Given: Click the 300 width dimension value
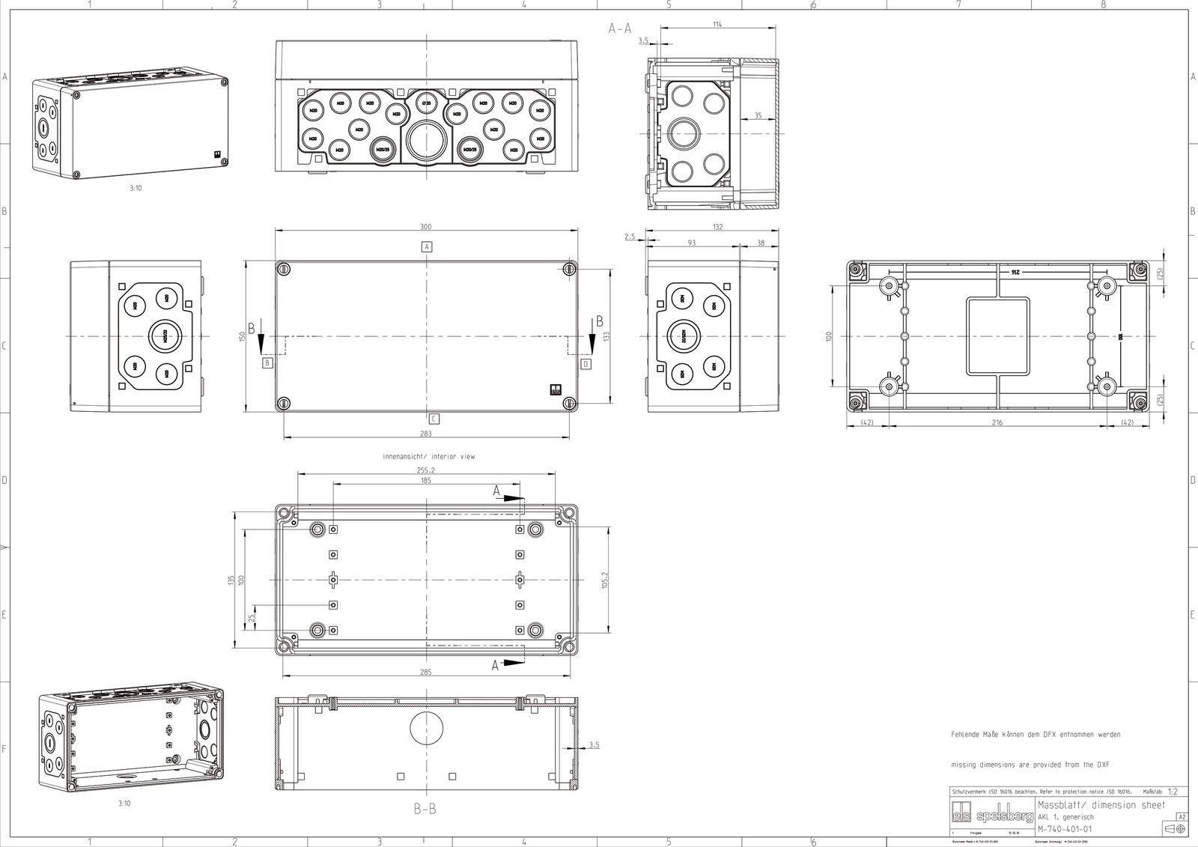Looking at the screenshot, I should (x=426, y=227).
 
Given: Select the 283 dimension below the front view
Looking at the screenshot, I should (x=426, y=434).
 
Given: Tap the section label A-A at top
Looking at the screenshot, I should (x=620, y=28).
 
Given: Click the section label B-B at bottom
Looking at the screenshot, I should (x=425, y=809).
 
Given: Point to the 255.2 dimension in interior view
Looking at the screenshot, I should (x=426, y=470).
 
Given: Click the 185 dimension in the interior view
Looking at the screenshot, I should (x=426, y=481).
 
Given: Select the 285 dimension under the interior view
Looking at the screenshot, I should (x=426, y=672).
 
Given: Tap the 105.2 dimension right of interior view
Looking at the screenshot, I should (x=606, y=580).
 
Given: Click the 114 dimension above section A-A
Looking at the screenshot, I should (x=717, y=25).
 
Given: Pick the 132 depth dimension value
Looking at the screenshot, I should (x=717, y=227).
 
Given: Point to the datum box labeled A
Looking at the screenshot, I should (x=427, y=246).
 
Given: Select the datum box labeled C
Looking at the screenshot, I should (x=434, y=419).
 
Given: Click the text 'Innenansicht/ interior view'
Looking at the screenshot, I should (x=428, y=456).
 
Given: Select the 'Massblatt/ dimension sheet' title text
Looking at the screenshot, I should (x=1101, y=805).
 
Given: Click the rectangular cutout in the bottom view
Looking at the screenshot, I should (x=997, y=336).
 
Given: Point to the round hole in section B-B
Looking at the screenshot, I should (x=426, y=728).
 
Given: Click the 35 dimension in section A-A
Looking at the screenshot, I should (x=758, y=115).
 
